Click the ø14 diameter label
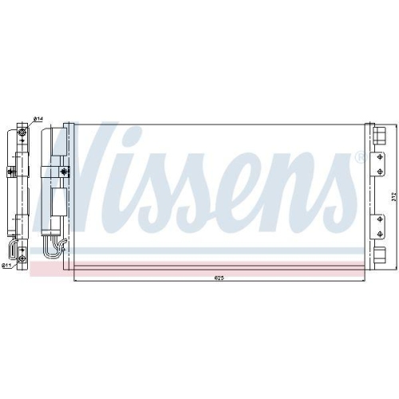38,120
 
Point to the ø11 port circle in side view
24,256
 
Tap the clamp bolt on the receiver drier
64,170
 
